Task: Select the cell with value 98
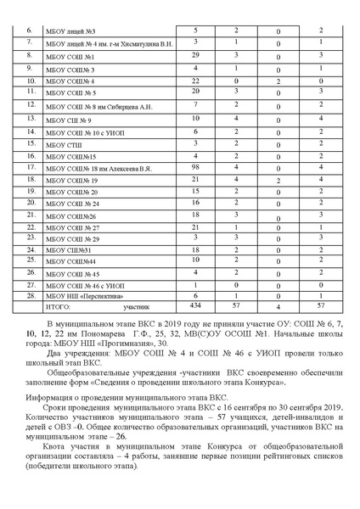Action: coord(195,168)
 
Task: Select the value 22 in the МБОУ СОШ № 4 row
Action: coord(195,79)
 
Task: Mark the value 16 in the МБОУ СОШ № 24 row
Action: coord(195,204)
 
